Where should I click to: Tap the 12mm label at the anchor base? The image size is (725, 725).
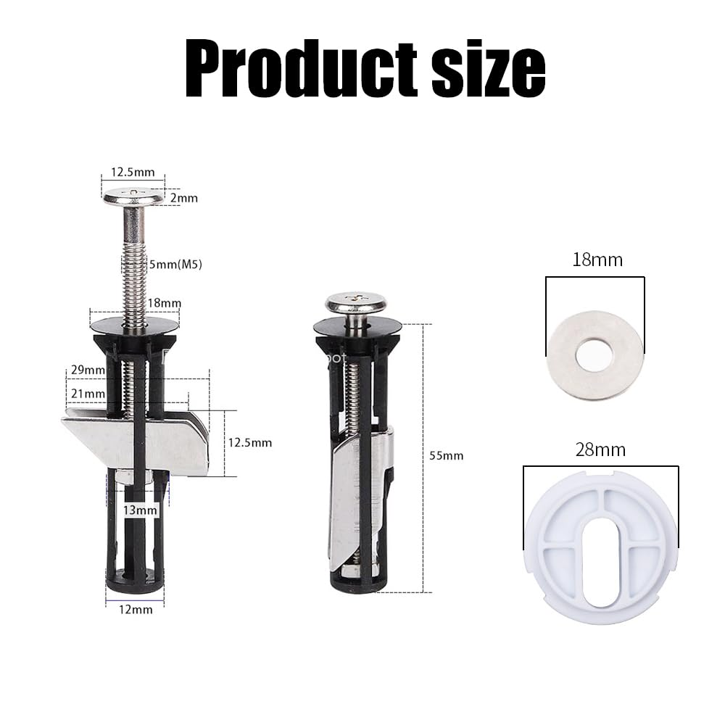click(136, 609)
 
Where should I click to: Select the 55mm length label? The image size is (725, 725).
click(446, 455)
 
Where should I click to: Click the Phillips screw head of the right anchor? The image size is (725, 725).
click(355, 300)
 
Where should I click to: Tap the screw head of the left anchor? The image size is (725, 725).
click(133, 196)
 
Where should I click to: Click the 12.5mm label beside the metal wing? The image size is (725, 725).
click(250, 442)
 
